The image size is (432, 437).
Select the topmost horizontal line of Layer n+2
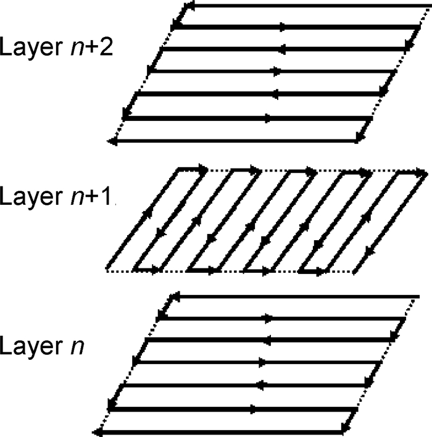pyautogui.click(x=302, y=6)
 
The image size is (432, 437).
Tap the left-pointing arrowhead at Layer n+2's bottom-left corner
pyautogui.click(x=112, y=141)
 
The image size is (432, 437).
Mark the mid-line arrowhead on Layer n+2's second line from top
pyautogui.click(x=282, y=27)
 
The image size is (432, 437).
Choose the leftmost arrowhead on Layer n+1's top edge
pyautogui.click(x=202, y=168)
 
